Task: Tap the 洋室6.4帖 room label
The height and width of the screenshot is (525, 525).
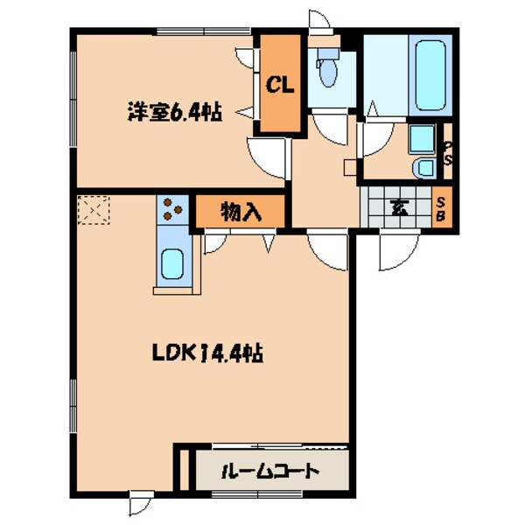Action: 174,112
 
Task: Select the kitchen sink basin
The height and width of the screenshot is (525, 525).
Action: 172,262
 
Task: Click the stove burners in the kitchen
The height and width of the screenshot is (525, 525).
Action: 171,210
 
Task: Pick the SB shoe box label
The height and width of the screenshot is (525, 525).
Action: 443,208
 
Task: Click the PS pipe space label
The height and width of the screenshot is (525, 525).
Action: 447,155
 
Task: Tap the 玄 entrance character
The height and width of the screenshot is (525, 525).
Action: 398,207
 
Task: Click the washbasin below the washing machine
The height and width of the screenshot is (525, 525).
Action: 423,167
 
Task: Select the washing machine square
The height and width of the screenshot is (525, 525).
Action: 422,137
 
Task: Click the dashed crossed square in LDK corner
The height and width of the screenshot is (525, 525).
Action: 92,211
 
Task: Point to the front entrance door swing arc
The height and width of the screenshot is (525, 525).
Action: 396,250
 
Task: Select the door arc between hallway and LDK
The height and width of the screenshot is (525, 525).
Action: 327,250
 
